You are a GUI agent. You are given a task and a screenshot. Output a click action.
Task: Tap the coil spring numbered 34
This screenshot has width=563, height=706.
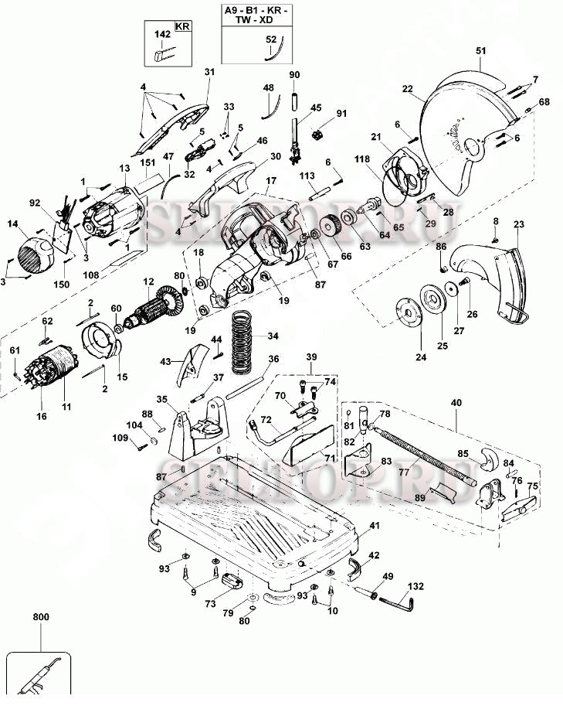click(x=242, y=339)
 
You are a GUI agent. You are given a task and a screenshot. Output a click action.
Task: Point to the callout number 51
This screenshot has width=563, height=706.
click(x=481, y=51)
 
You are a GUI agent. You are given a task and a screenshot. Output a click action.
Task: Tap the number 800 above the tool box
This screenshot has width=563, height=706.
click(x=40, y=618)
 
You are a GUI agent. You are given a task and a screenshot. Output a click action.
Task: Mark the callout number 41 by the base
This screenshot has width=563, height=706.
click(x=375, y=526)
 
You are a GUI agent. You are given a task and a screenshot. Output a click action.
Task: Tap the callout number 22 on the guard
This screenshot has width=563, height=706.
click(x=407, y=89)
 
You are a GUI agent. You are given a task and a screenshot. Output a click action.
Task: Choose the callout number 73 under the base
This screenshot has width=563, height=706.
click(x=211, y=603)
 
